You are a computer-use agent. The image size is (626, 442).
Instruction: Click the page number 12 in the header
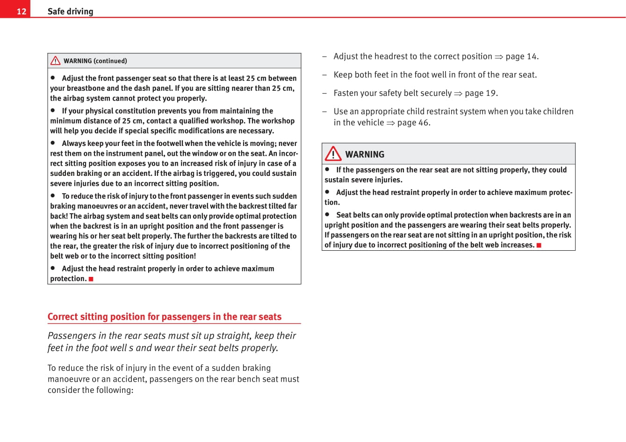22,11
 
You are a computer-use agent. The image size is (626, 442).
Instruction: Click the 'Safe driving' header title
70,11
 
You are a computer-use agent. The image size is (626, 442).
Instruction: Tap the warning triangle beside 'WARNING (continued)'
56,60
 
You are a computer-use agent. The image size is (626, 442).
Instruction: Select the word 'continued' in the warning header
110,61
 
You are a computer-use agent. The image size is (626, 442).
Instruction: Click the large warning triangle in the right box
333,153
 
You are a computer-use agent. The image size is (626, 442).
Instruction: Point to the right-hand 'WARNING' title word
365,154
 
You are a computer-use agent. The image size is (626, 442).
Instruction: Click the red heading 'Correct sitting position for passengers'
164,317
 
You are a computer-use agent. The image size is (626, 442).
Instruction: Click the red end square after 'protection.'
91,279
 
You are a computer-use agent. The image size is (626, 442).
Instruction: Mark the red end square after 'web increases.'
539,245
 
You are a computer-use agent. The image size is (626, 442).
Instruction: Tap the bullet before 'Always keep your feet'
53,143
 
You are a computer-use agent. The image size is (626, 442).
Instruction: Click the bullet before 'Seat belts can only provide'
327,214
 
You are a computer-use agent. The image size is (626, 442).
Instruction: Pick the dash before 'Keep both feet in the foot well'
324,75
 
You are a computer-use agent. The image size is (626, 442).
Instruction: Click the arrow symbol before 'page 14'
499,57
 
